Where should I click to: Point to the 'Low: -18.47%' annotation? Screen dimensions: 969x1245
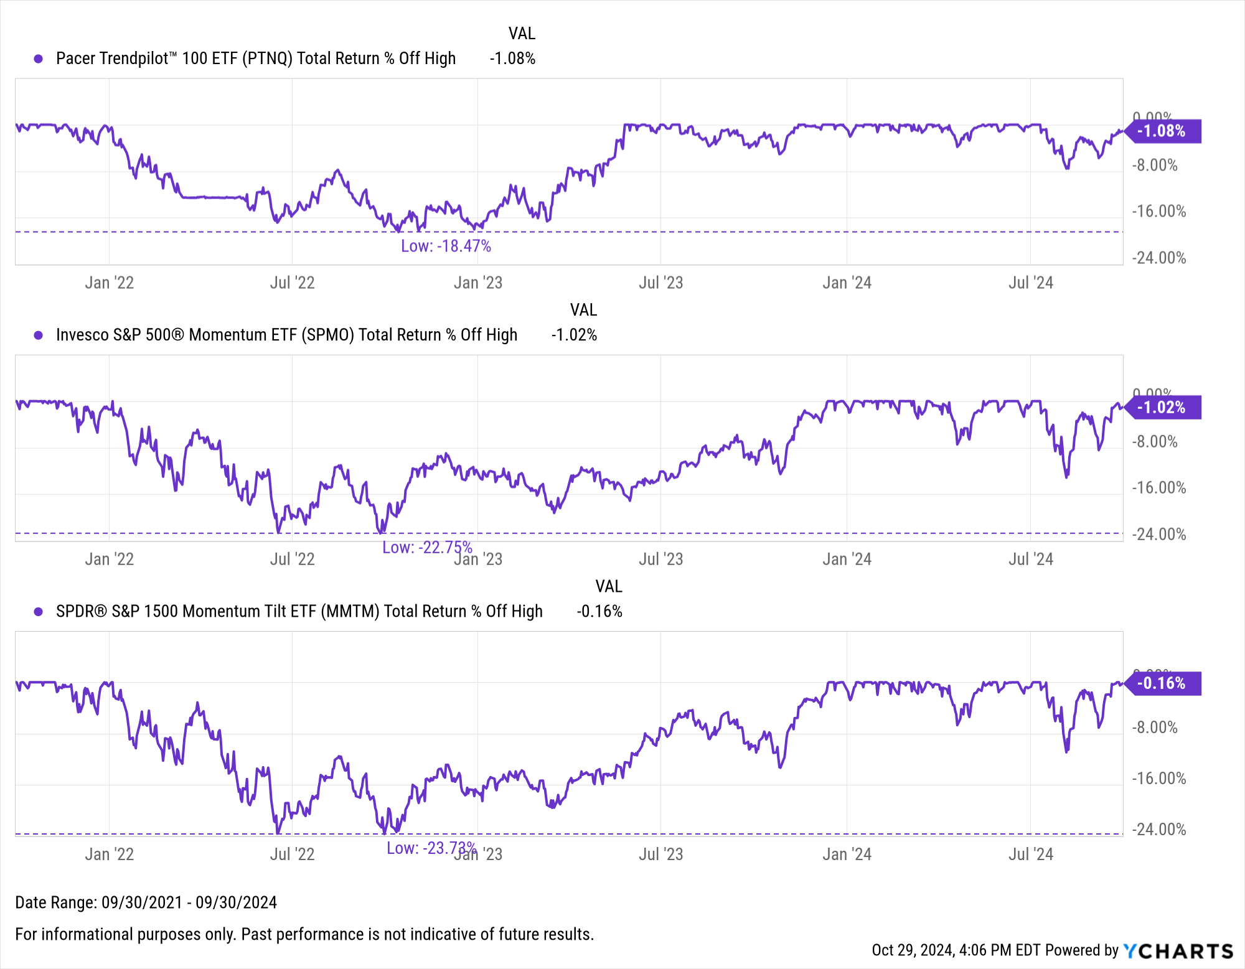[446, 246]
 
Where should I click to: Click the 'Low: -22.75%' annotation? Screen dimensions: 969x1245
[427, 548]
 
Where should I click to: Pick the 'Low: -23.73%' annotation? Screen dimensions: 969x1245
[431, 848]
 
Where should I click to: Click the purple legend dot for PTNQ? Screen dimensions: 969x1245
[39, 59]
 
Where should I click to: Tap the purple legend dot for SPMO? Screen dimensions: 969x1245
[39, 335]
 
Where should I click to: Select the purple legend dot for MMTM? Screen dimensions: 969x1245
[39, 612]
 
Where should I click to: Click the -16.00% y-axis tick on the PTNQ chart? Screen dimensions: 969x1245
[1158, 212]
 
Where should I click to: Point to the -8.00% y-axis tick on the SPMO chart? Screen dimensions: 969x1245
[1154, 442]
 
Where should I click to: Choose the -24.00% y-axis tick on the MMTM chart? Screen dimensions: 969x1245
[1158, 830]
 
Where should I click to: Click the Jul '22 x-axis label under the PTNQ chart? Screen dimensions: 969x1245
[292, 283]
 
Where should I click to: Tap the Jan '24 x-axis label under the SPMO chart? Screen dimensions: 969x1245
[847, 559]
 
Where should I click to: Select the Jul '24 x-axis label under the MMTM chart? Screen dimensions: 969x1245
[1030, 854]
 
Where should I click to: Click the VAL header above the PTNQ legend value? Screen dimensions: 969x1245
[522, 34]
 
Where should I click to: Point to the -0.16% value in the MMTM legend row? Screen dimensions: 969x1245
[599, 612]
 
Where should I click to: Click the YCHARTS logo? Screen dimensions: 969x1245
[1178, 951]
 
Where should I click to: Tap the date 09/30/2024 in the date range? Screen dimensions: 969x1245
[236, 902]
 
